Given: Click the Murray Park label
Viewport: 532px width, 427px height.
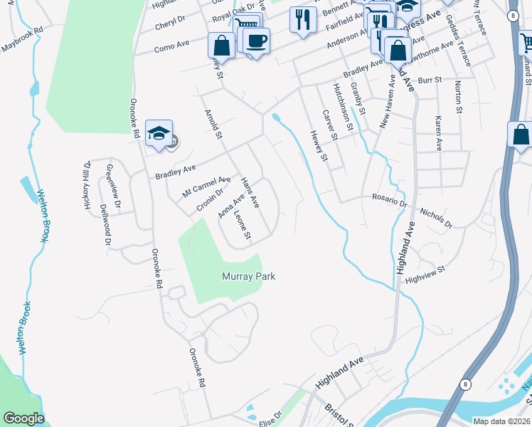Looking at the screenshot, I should click(248, 276).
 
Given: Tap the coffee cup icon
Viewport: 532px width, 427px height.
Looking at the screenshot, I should click(256, 41).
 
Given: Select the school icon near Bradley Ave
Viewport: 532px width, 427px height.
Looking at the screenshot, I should click(159, 133).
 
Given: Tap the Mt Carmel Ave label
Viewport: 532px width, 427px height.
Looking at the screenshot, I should click(206, 187).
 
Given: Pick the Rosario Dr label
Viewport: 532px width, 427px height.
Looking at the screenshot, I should click(389, 201).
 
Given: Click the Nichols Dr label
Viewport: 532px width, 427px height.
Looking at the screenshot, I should click(436, 218).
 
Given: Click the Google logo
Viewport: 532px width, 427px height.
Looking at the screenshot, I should click(23, 418).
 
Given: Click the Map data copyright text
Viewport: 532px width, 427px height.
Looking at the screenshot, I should click(501, 421).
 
